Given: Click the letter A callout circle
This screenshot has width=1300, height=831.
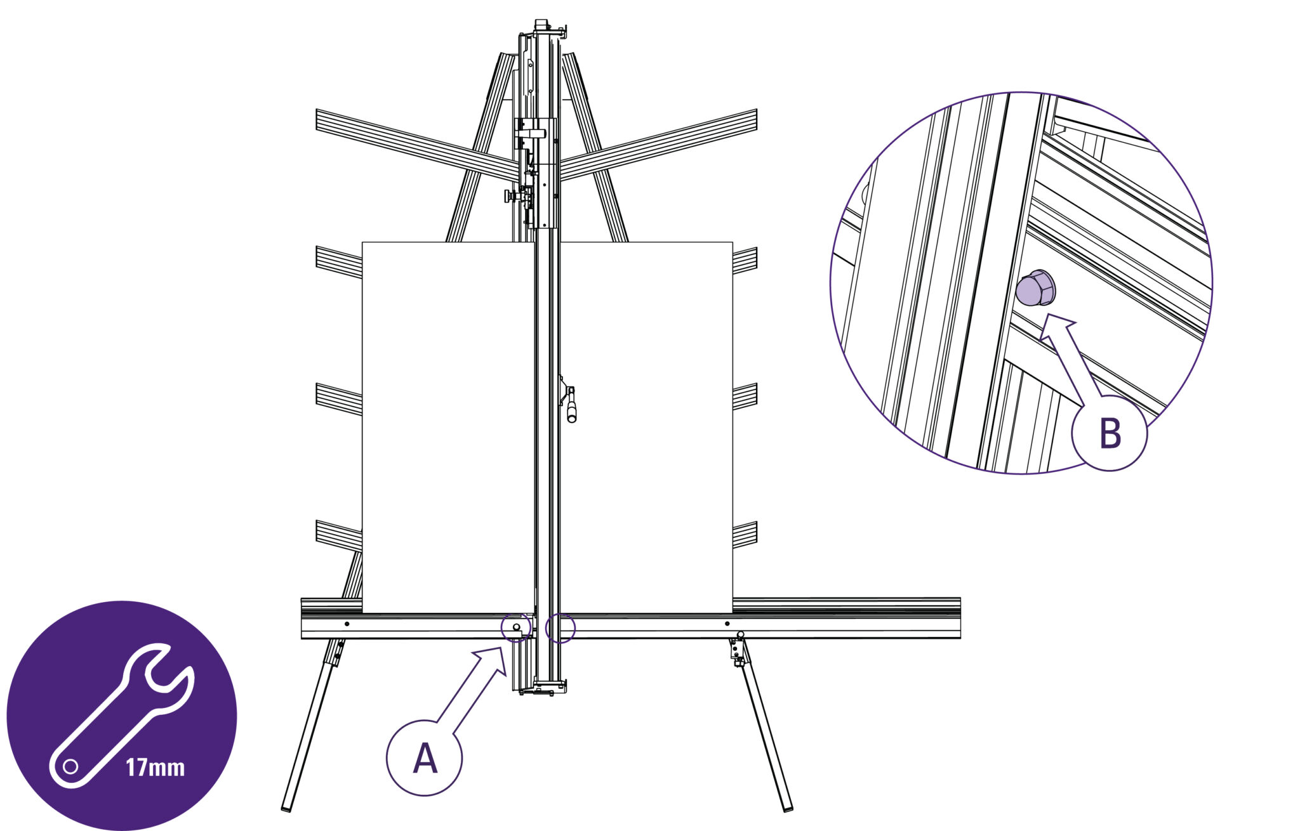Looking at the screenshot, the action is coord(424,757).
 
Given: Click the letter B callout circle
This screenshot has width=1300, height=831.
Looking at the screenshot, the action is coord(1109,433).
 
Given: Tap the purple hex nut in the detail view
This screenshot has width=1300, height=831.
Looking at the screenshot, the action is coord(1035,288).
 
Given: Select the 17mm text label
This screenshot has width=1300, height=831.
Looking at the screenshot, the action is coord(155,768).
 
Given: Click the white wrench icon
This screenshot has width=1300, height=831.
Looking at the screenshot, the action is coord(121,716).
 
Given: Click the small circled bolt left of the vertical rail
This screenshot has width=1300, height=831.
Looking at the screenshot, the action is coord(516,627).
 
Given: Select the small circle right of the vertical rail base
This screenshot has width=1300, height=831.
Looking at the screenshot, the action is coord(560,627).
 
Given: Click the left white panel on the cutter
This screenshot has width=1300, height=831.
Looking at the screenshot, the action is coord(447,427).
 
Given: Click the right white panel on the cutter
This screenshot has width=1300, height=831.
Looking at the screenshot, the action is coord(646,427).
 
